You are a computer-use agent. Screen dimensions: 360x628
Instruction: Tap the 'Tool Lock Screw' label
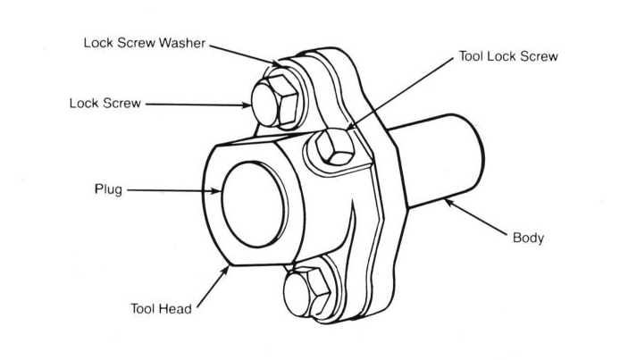pos(507,56)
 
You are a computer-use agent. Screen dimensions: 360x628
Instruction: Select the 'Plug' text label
pos(107,189)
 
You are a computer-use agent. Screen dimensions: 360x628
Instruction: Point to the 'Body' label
pos(528,239)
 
